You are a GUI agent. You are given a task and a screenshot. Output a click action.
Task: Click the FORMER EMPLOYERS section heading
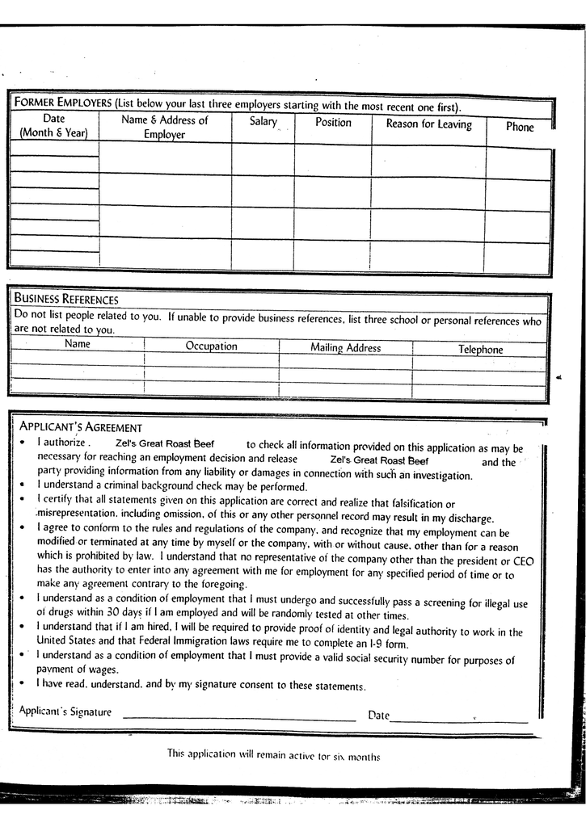pyautogui.click(x=62, y=103)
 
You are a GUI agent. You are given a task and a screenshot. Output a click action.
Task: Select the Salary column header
pyautogui.click(x=263, y=122)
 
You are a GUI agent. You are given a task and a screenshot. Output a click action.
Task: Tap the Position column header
pyautogui.click(x=333, y=123)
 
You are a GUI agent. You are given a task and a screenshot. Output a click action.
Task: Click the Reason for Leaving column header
pyautogui.click(x=428, y=124)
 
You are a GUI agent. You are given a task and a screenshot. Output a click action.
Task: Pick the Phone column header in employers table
pyautogui.click(x=520, y=127)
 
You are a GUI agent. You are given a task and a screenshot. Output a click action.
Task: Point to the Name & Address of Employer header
pyautogui.click(x=165, y=128)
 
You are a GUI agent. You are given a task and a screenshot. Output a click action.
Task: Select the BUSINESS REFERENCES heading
pyautogui.click(x=66, y=300)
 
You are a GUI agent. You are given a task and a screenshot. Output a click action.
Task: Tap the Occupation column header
pyautogui.click(x=211, y=346)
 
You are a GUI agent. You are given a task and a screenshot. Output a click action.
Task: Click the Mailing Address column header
pyautogui.click(x=345, y=348)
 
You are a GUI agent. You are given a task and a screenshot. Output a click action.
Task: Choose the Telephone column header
pyautogui.click(x=480, y=350)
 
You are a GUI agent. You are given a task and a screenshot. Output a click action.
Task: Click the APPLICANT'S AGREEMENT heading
pyautogui.click(x=81, y=427)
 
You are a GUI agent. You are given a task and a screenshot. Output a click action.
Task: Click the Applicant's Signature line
pyautogui.click(x=238, y=717)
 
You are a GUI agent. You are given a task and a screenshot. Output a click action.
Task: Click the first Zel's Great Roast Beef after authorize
pyautogui.click(x=165, y=443)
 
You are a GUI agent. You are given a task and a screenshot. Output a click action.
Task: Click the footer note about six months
pyautogui.click(x=273, y=755)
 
